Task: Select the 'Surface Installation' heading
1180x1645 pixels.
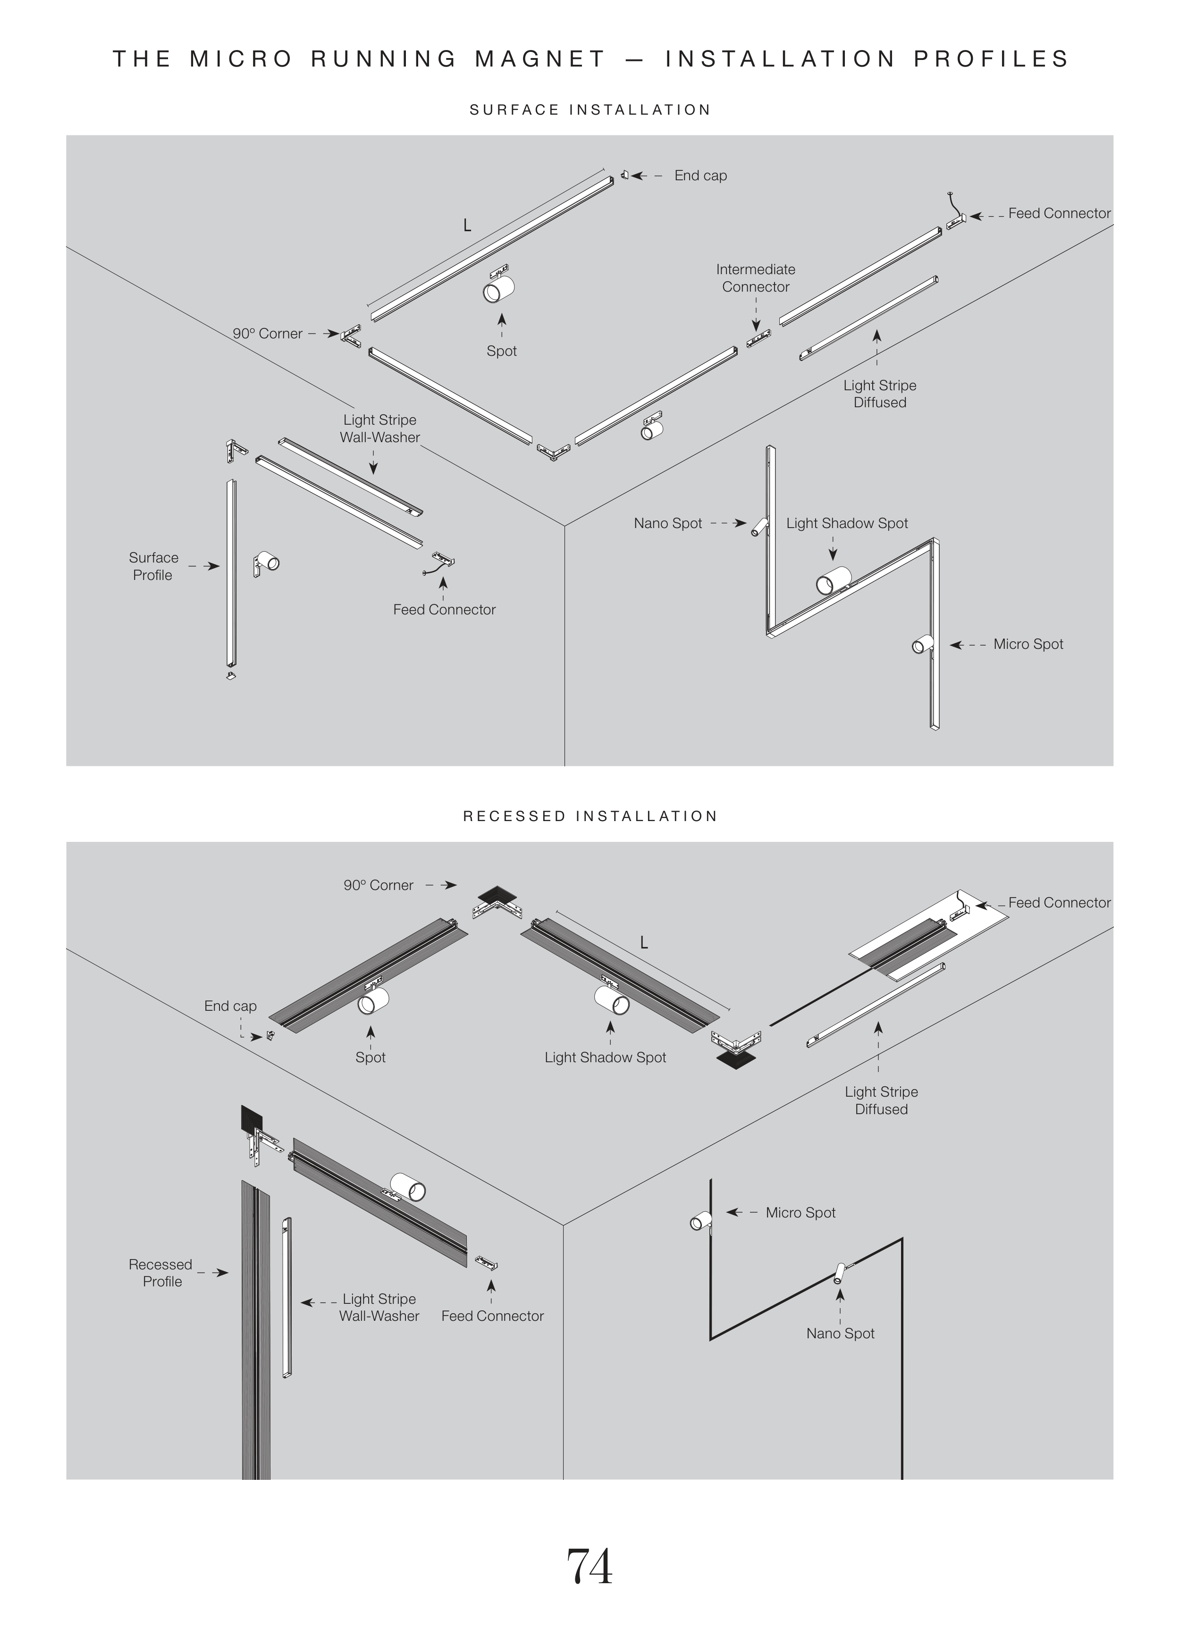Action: click(590, 110)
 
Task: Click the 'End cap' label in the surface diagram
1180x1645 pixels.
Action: click(700, 176)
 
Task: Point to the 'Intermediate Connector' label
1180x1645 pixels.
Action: click(756, 278)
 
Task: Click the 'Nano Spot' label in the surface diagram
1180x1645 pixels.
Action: click(667, 523)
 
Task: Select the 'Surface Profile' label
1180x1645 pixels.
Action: click(153, 566)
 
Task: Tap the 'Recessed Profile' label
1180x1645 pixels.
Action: click(161, 1273)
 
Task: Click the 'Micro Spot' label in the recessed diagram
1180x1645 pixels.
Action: click(800, 1213)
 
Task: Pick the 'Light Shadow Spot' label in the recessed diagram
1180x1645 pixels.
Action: click(605, 1057)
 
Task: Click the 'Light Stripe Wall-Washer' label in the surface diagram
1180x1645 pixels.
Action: click(380, 428)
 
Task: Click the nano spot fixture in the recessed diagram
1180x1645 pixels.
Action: click(840, 1274)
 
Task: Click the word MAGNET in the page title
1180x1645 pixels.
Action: click(540, 59)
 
